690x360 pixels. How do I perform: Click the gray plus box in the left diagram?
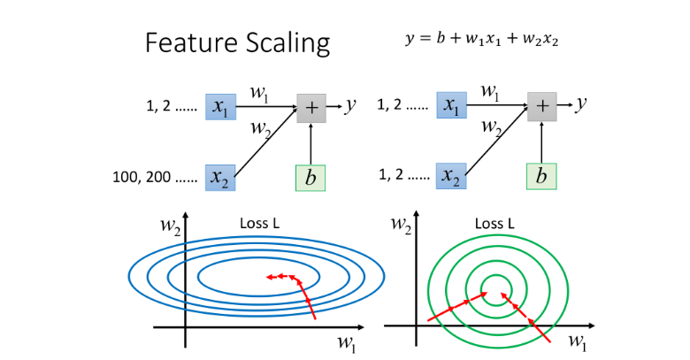pyautogui.click(x=310, y=106)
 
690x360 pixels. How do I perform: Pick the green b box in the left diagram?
pyautogui.click(x=310, y=177)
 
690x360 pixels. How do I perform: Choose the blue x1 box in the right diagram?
pyautogui.click(x=451, y=106)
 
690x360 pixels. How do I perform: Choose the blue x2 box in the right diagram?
pyautogui.click(x=451, y=177)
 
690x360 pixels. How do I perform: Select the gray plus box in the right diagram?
pyautogui.click(x=542, y=106)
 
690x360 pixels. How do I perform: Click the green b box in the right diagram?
pyautogui.click(x=542, y=177)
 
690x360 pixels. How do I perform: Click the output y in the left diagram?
pyautogui.click(x=351, y=105)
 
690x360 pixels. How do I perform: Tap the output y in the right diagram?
pyautogui.click(x=582, y=105)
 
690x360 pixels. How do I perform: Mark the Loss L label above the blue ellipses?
pyautogui.click(x=260, y=224)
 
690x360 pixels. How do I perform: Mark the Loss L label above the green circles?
pyautogui.click(x=494, y=224)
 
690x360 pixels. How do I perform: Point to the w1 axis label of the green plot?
pyautogui.click(x=577, y=341)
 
